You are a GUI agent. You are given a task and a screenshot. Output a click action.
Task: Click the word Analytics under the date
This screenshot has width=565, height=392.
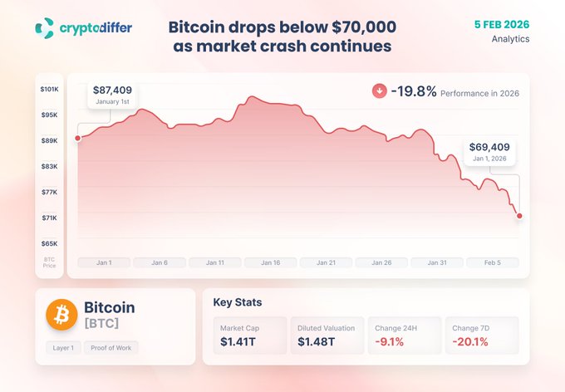pos(509,38)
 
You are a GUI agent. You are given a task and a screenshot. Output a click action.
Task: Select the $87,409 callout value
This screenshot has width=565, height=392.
pos(112,90)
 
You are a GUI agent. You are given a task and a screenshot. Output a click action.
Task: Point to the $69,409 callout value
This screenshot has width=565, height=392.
pos(489,146)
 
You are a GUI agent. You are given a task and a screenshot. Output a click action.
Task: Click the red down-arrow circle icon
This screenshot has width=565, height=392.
pos(380,91)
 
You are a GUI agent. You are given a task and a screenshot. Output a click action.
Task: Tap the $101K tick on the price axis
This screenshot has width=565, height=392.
pos(49,89)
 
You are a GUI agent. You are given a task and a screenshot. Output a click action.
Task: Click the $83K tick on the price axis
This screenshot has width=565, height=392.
pos(49,166)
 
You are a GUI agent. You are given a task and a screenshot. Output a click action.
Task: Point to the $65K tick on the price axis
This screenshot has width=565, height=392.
pos(49,243)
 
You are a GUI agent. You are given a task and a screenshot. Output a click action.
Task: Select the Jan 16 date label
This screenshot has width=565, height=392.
pos(271,262)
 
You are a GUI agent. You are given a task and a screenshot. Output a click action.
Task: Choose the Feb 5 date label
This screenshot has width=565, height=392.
pos(493,262)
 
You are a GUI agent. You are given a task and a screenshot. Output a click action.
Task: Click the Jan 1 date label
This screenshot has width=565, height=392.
pos(105,262)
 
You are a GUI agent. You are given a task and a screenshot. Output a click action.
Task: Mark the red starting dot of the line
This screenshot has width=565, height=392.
pos(78,138)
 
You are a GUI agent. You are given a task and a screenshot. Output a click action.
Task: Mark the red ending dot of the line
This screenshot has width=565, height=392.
pos(519,216)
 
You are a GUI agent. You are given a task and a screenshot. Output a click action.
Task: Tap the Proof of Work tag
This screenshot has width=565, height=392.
pos(111,348)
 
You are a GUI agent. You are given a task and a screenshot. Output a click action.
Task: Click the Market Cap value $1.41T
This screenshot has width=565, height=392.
pos(238,341)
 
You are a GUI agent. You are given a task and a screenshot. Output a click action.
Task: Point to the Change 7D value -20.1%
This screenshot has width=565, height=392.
pos(471,341)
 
